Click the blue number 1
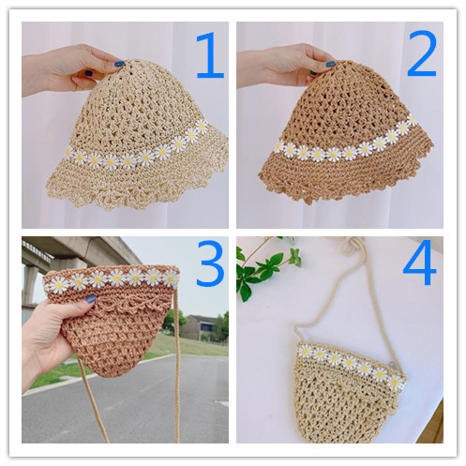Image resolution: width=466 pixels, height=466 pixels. click(210, 55)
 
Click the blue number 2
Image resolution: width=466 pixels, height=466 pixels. click(422, 53)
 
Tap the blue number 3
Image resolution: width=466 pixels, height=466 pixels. click(210, 263)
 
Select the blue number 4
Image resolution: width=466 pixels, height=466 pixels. click(420, 263)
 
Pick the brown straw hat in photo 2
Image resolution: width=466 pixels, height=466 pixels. click(344, 131)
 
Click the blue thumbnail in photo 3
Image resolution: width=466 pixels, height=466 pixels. click(90, 298)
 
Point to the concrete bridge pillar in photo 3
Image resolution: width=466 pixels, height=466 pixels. click(29, 284)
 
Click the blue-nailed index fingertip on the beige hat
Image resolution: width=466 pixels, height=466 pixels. click(119, 64)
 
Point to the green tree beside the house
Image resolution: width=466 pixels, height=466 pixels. click(173, 322)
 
